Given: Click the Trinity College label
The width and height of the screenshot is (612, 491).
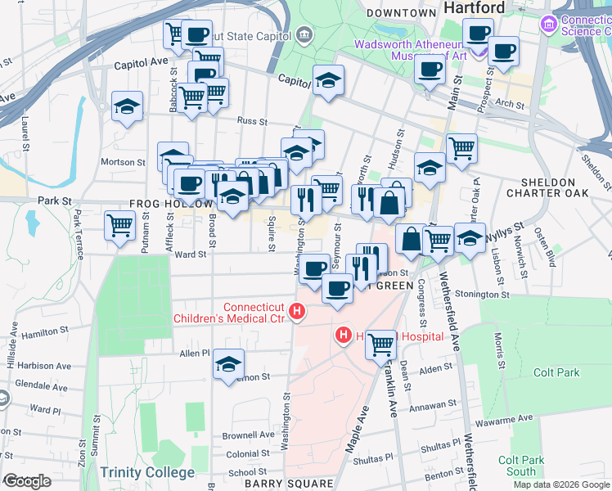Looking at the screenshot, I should (147, 472).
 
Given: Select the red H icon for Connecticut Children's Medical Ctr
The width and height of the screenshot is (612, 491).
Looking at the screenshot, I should (299, 312).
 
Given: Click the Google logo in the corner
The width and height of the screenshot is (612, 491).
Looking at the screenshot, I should (27, 480).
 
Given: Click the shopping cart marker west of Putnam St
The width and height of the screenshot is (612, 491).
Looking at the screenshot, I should (120, 223).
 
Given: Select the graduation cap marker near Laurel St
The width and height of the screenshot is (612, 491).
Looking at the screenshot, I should (127, 107).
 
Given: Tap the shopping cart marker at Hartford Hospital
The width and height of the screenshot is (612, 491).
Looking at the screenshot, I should (380, 343).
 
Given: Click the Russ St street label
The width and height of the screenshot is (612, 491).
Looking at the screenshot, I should (247, 120).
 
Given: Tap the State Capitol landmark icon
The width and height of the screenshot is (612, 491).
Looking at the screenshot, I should (304, 34).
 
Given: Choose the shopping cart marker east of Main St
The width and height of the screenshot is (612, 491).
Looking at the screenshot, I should (461, 148).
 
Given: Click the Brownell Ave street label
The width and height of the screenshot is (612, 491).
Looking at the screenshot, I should (250, 435).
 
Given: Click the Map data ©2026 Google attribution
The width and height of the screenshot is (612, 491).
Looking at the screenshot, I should (561, 484).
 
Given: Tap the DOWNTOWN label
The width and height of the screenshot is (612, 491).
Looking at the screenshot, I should (401, 13).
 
